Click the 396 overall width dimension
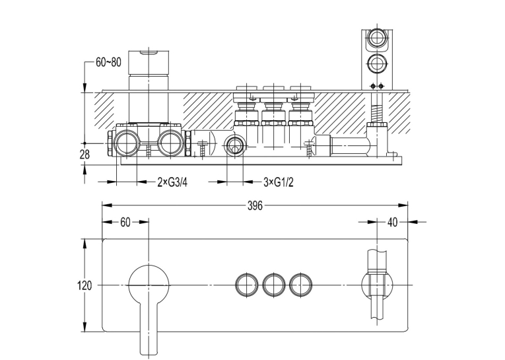(255, 205)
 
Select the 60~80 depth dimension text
(108, 62)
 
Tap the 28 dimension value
(84, 155)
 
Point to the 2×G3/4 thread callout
(172, 183)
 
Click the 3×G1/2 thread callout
(279, 183)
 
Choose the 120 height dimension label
(84, 285)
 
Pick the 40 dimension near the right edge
(392, 223)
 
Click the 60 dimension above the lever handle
(125, 223)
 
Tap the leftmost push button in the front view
(247, 285)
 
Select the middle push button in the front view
(274, 285)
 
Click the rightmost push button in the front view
(300, 285)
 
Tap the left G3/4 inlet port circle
(126, 143)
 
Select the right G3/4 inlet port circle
(171, 143)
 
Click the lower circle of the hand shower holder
(376, 63)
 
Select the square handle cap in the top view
(149, 63)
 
